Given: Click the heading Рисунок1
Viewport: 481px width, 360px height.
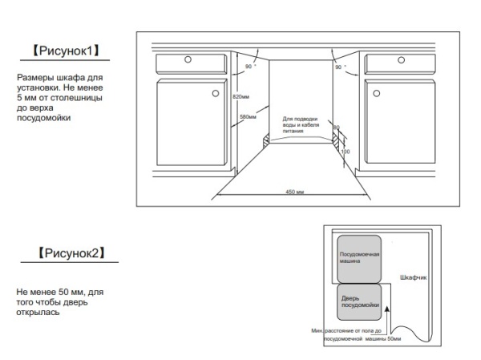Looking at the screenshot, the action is click(66, 51).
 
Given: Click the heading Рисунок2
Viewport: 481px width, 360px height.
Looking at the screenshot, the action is click(71, 253).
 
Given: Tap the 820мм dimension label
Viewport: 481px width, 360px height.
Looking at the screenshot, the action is click(240, 97).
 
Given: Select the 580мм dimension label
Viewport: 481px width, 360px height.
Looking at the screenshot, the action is click(248, 116).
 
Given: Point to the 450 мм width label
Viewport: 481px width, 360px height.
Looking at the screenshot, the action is click(294, 192).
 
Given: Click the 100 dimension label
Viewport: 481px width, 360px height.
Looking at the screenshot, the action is click(345, 152).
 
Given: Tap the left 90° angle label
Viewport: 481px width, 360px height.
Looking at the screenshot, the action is click(249, 67).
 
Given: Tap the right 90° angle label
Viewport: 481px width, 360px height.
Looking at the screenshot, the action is click(340, 67).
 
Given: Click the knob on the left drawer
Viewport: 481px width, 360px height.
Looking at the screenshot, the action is click(188, 59).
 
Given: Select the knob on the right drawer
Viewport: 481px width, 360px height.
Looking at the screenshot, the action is click(402, 60).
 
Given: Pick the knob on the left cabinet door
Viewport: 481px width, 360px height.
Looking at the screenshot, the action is click(216, 93).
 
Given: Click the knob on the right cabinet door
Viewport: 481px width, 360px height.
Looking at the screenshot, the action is click(377, 93).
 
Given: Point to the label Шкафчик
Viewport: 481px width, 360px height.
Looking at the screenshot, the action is click(413, 277).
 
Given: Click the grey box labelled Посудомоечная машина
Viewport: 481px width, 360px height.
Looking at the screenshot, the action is click(359, 259).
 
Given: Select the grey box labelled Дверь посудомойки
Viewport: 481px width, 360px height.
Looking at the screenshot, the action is click(359, 302).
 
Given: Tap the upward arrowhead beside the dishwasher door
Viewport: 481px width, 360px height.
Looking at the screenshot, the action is click(387, 309).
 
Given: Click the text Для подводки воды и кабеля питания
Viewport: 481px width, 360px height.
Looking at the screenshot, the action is click(301, 124).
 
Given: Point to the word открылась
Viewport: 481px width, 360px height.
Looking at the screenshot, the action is click(38, 313).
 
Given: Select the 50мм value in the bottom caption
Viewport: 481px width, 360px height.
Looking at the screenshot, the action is click(394, 339).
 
